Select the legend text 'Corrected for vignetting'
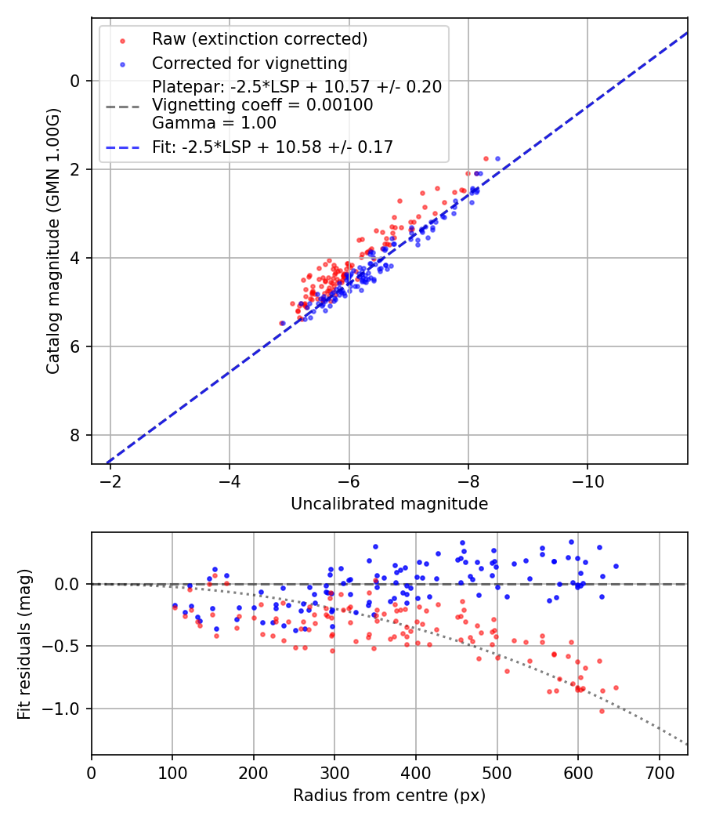coord(249,63)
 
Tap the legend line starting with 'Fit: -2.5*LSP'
coord(272,147)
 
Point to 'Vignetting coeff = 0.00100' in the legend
coord(262,104)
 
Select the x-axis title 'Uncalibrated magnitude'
coord(389,504)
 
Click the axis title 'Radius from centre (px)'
coord(389,796)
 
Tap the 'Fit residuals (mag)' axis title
coord(24,644)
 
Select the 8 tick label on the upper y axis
coord(75,435)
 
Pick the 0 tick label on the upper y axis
coord(75,81)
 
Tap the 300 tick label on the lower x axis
coord(334,773)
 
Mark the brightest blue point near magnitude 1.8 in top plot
coord(497,158)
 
